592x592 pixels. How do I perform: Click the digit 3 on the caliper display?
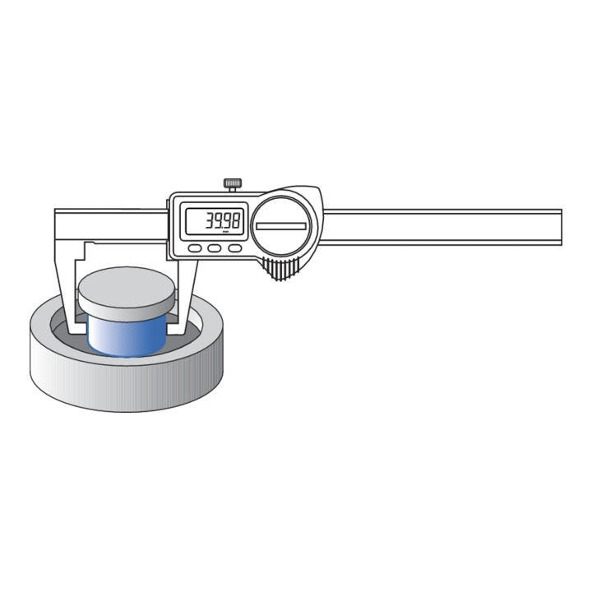pyautogui.click(x=209, y=220)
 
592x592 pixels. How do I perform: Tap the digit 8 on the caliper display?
pyautogui.click(x=235, y=220)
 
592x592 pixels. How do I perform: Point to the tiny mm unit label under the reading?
pyautogui.click(x=226, y=232)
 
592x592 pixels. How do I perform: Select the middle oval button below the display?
pyautogui.click(x=215, y=248)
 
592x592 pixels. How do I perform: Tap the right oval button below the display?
pyautogui.click(x=235, y=248)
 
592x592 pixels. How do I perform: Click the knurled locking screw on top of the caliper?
pyautogui.click(x=233, y=185)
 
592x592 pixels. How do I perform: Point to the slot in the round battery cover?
pyautogui.click(x=281, y=226)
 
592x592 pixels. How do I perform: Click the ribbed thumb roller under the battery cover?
pyautogui.click(x=280, y=269)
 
